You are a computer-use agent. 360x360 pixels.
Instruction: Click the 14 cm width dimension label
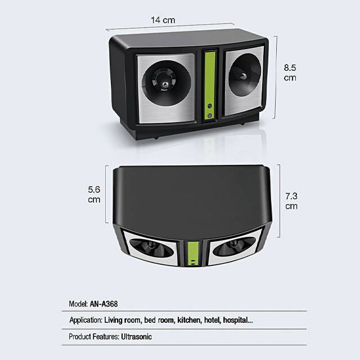click(x=163, y=20)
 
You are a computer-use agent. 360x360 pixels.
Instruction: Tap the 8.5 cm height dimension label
click(x=290, y=72)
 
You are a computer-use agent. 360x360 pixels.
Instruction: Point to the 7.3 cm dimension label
click(x=291, y=201)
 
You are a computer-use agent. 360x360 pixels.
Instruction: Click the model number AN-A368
click(x=103, y=304)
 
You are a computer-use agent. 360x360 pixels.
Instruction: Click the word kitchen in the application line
click(x=191, y=321)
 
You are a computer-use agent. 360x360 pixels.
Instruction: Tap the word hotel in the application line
click(x=214, y=321)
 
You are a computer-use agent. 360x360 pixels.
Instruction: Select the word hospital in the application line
click(x=238, y=321)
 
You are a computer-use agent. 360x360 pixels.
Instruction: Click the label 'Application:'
click(x=85, y=321)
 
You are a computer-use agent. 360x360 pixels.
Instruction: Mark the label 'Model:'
click(x=78, y=304)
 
